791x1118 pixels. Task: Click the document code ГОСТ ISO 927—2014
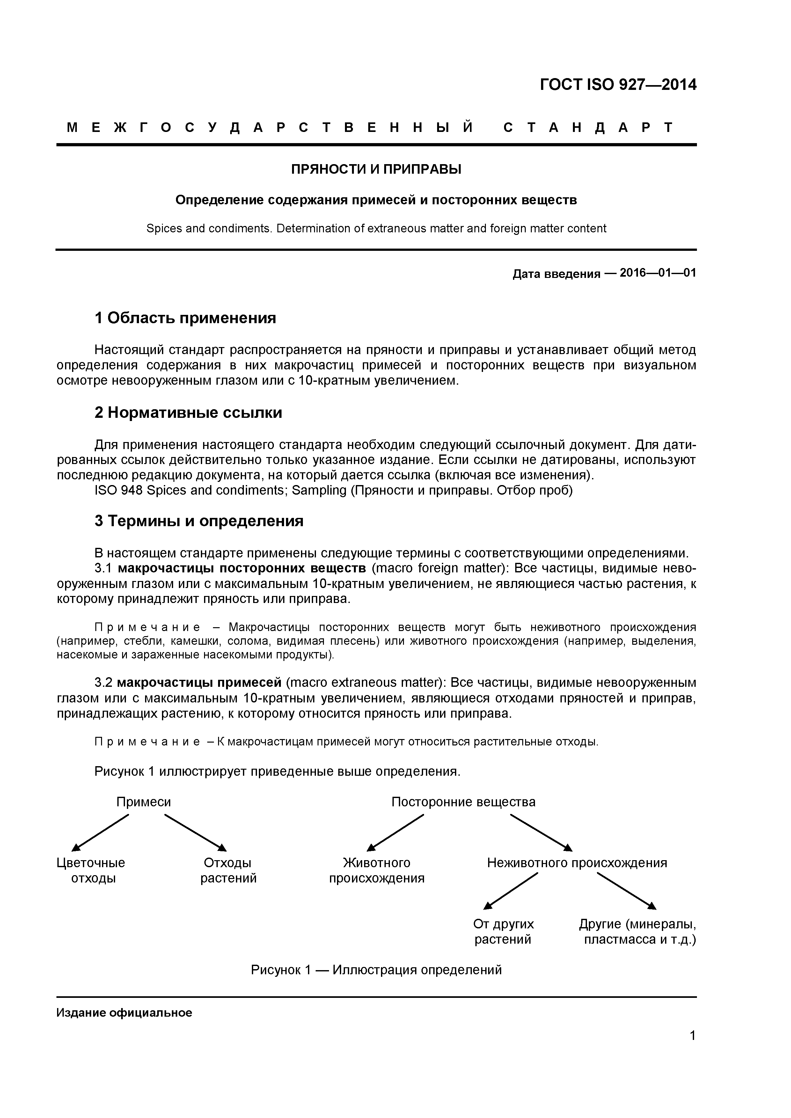(x=618, y=85)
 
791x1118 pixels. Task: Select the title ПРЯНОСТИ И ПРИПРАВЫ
(x=376, y=170)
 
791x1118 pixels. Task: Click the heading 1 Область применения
(x=185, y=318)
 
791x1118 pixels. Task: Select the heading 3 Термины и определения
(x=199, y=521)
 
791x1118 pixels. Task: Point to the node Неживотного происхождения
(x=577, y=863)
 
